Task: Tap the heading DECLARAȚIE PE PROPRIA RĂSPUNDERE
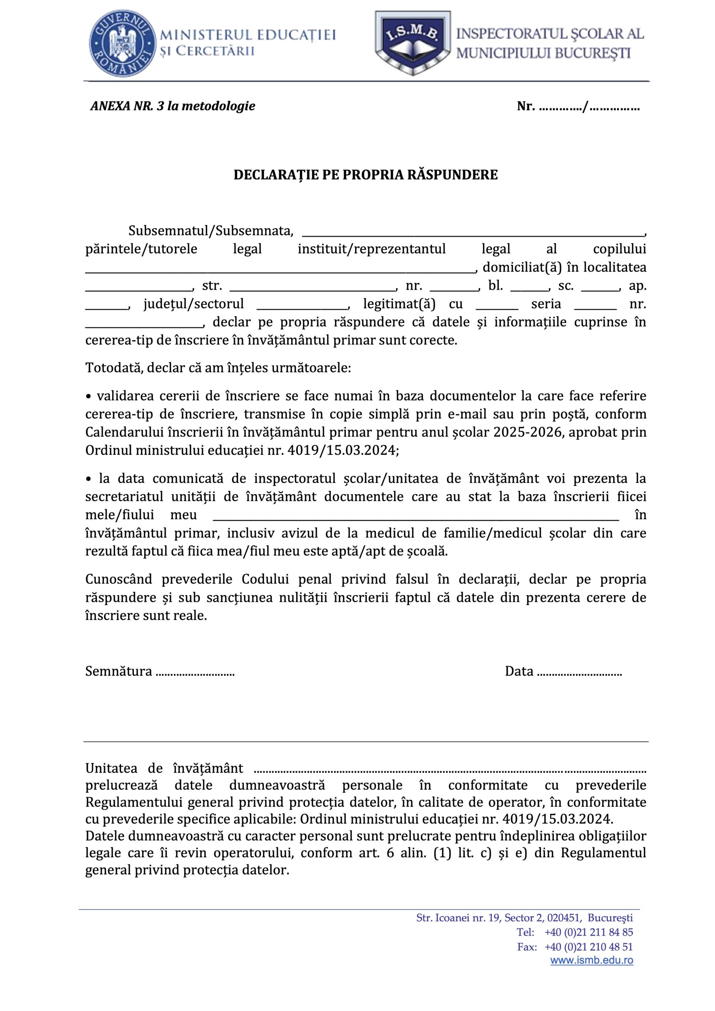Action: tap(365, 175)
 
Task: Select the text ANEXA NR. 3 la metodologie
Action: tap(173, 106)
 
